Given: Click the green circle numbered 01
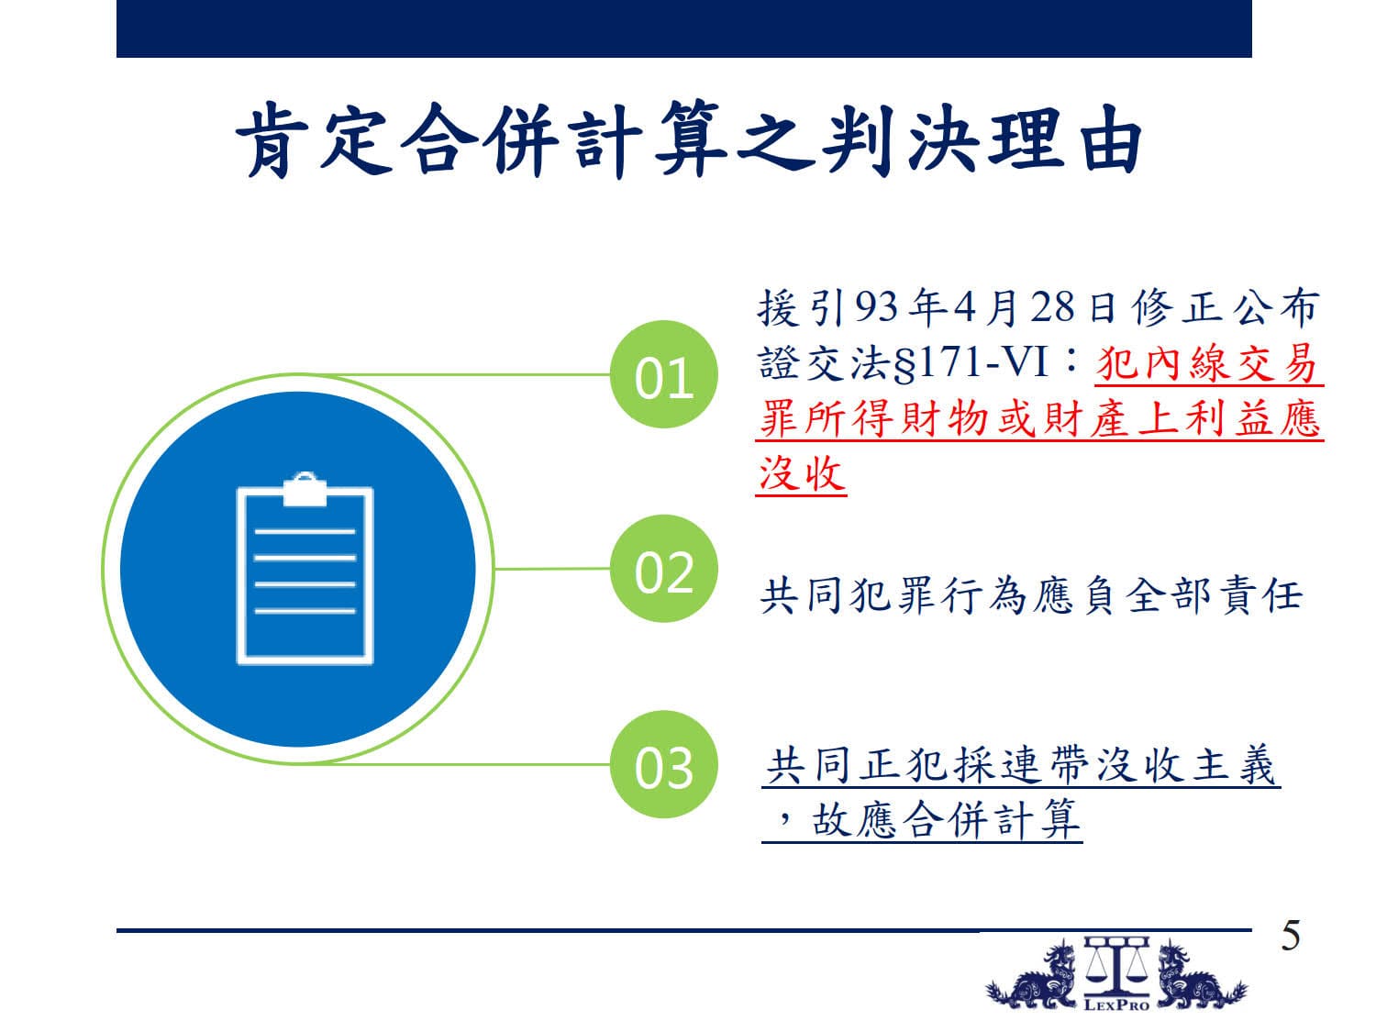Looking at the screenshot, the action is pos(663,374).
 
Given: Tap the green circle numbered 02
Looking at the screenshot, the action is pos(663,569).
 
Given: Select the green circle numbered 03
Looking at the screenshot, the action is pos(663,764).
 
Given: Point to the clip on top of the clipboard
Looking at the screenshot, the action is pos(305,489).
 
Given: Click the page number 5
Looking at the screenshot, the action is pos(1290,936).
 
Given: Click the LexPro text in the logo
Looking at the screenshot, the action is pos(1116,1004).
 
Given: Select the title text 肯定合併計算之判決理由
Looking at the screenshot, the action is pos(688,139).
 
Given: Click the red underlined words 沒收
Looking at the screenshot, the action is pos(801,473).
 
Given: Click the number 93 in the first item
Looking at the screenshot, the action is pos(876,307).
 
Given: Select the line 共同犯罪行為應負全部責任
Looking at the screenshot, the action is pos(1030,595).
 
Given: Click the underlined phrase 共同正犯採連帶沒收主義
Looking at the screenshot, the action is pos(1021,765).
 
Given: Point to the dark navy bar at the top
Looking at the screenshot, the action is pos(684,28).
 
